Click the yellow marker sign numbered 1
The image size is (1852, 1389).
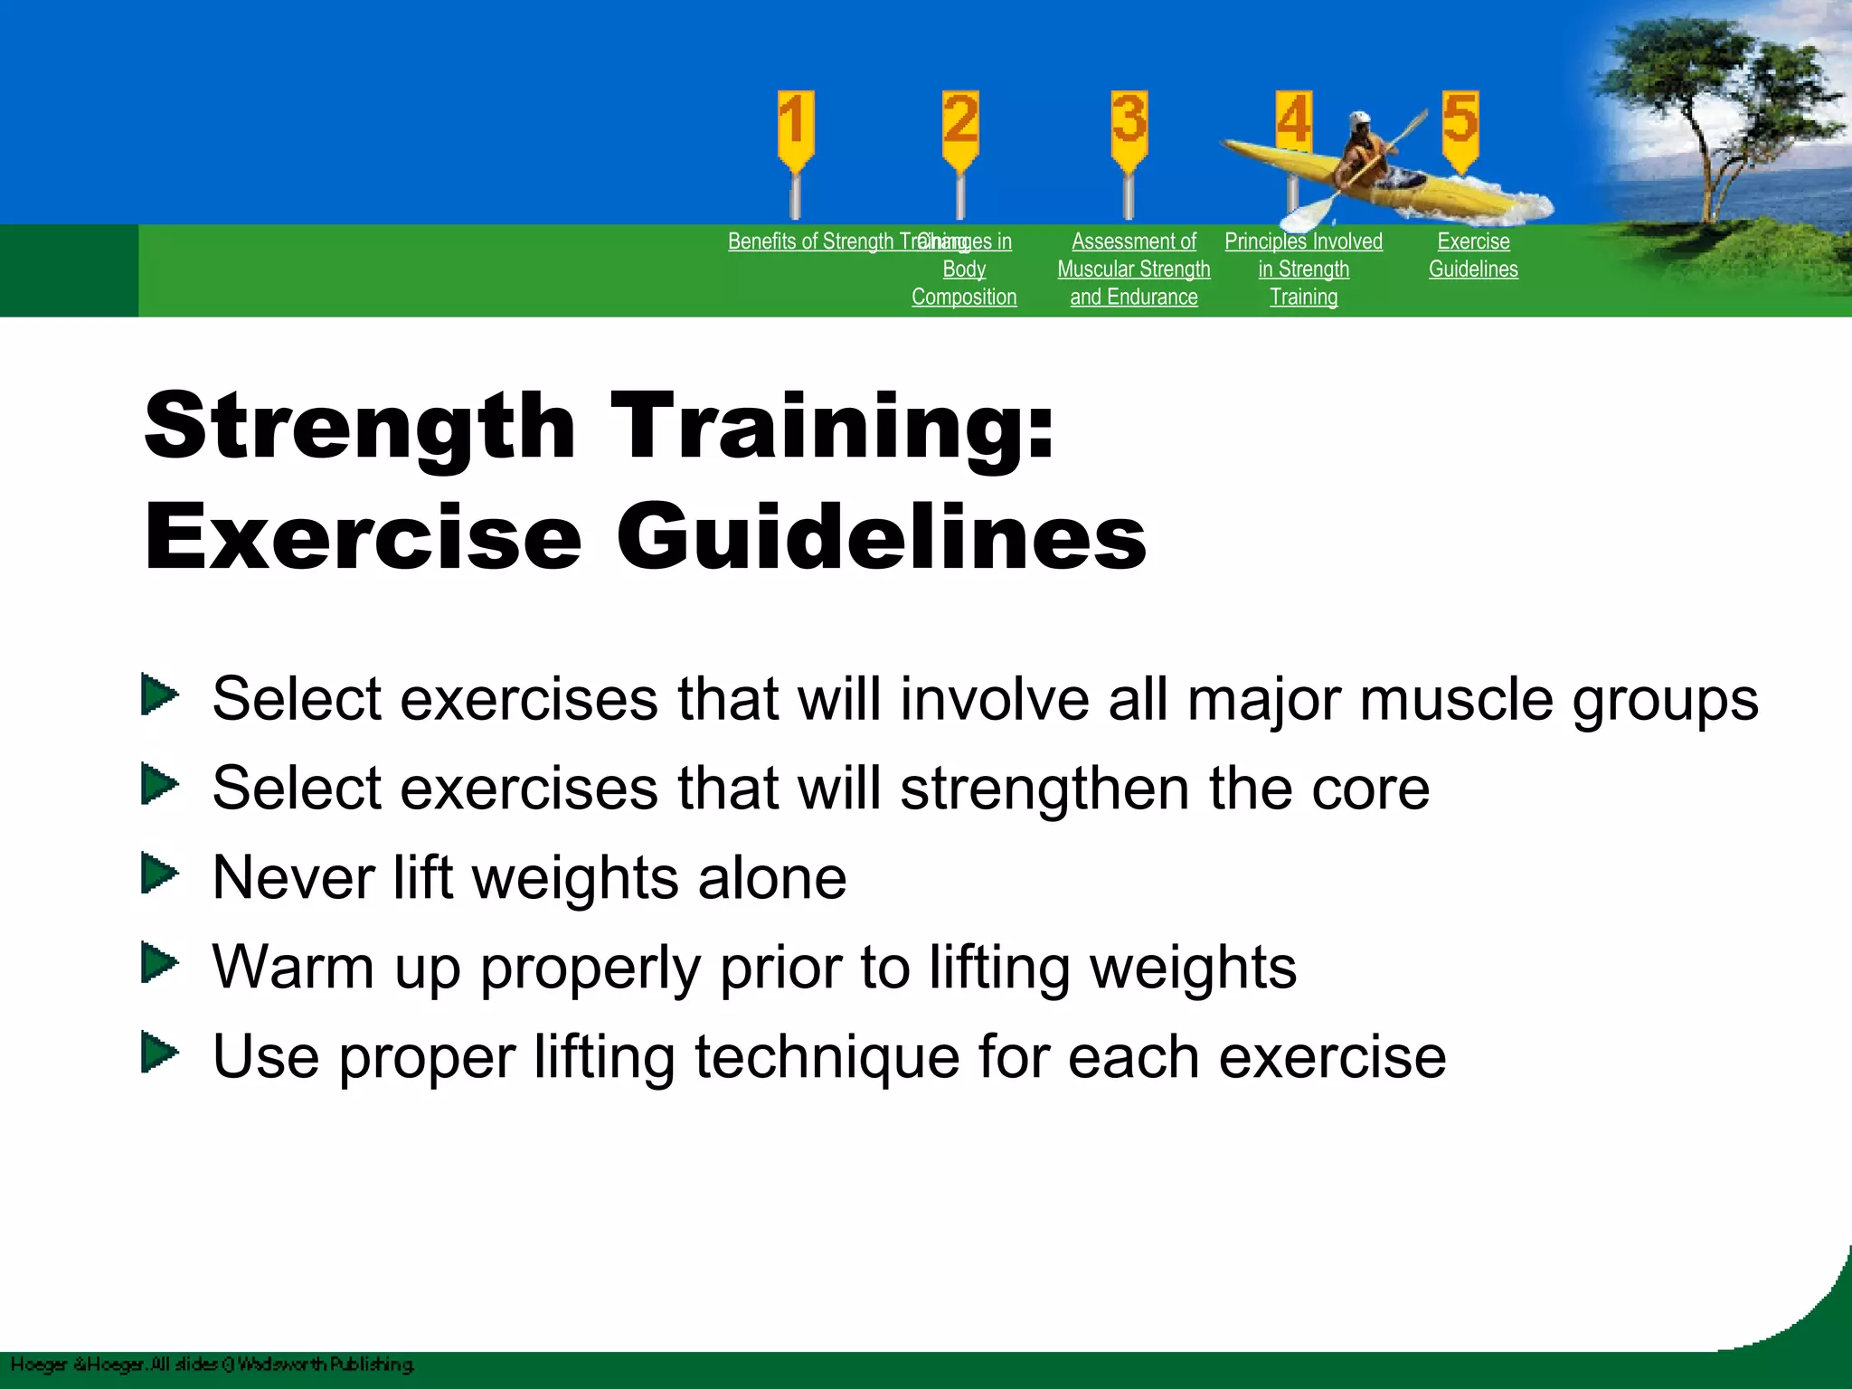coord(795,127)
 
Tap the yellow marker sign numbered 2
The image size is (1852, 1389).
coord(959,127)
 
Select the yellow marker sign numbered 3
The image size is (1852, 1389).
coord(1129,127)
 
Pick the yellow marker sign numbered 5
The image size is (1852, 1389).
coord(1460,127)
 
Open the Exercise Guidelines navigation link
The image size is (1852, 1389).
coord(1473,255)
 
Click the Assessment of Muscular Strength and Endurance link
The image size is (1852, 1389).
coord(1133,269)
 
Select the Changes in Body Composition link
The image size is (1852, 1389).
coord(964,269)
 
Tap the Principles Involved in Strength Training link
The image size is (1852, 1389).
coord(1303,269)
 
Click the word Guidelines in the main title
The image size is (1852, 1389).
coord(881,537)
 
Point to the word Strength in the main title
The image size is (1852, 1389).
coord(359,425)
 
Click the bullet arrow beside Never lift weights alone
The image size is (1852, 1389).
coord(160,874)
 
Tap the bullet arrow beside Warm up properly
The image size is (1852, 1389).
coord(160,963)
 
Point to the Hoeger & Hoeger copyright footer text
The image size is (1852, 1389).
coord(212,1365)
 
